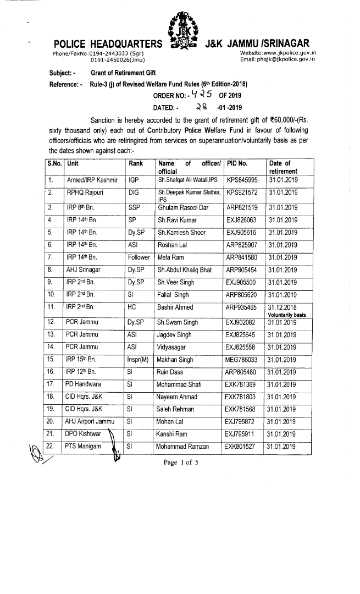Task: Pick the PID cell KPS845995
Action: (242, 179)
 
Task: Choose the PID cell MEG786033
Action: (243, 359)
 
